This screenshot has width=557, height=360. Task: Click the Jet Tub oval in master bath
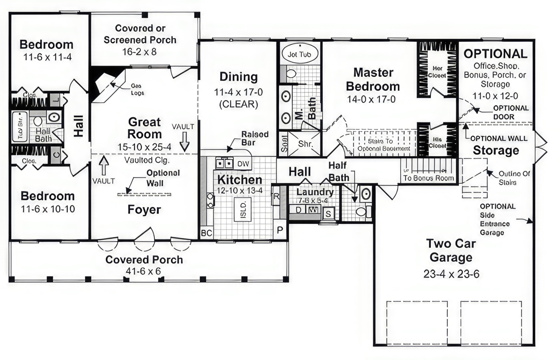(x=299, y=55)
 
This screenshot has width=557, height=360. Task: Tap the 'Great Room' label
(x=144, y=128)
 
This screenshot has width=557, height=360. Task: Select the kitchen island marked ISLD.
(x=242, y=210)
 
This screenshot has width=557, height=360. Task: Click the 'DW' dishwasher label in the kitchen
(x=243, y=164)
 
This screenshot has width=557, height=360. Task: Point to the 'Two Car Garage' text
(x=451, y=251)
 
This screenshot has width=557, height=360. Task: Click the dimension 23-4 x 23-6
(x=451, y=274)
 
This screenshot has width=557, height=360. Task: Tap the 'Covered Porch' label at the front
(x=144, y=260)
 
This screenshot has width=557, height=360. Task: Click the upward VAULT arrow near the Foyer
(x=104, y=165)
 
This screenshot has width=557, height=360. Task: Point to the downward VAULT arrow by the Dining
(x=185, y=142)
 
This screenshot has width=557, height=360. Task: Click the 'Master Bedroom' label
(x=373, y=79)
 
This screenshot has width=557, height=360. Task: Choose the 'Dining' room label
(x=238, y=77)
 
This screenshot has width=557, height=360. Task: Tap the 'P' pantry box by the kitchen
(x=280, y=230)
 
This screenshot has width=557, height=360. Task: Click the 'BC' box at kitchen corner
(x=206, y=233)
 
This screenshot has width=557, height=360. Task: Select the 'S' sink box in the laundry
(x=328, y=214)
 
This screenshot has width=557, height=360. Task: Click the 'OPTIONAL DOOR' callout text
(x=510, y=112)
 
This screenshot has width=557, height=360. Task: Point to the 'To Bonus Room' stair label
(x=429, y=178)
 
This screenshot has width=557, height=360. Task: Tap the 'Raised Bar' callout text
(x=254, y=138)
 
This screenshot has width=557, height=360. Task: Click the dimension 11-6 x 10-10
(x=48, y=209)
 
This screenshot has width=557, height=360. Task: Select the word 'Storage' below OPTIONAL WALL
(x=496, y=151)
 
